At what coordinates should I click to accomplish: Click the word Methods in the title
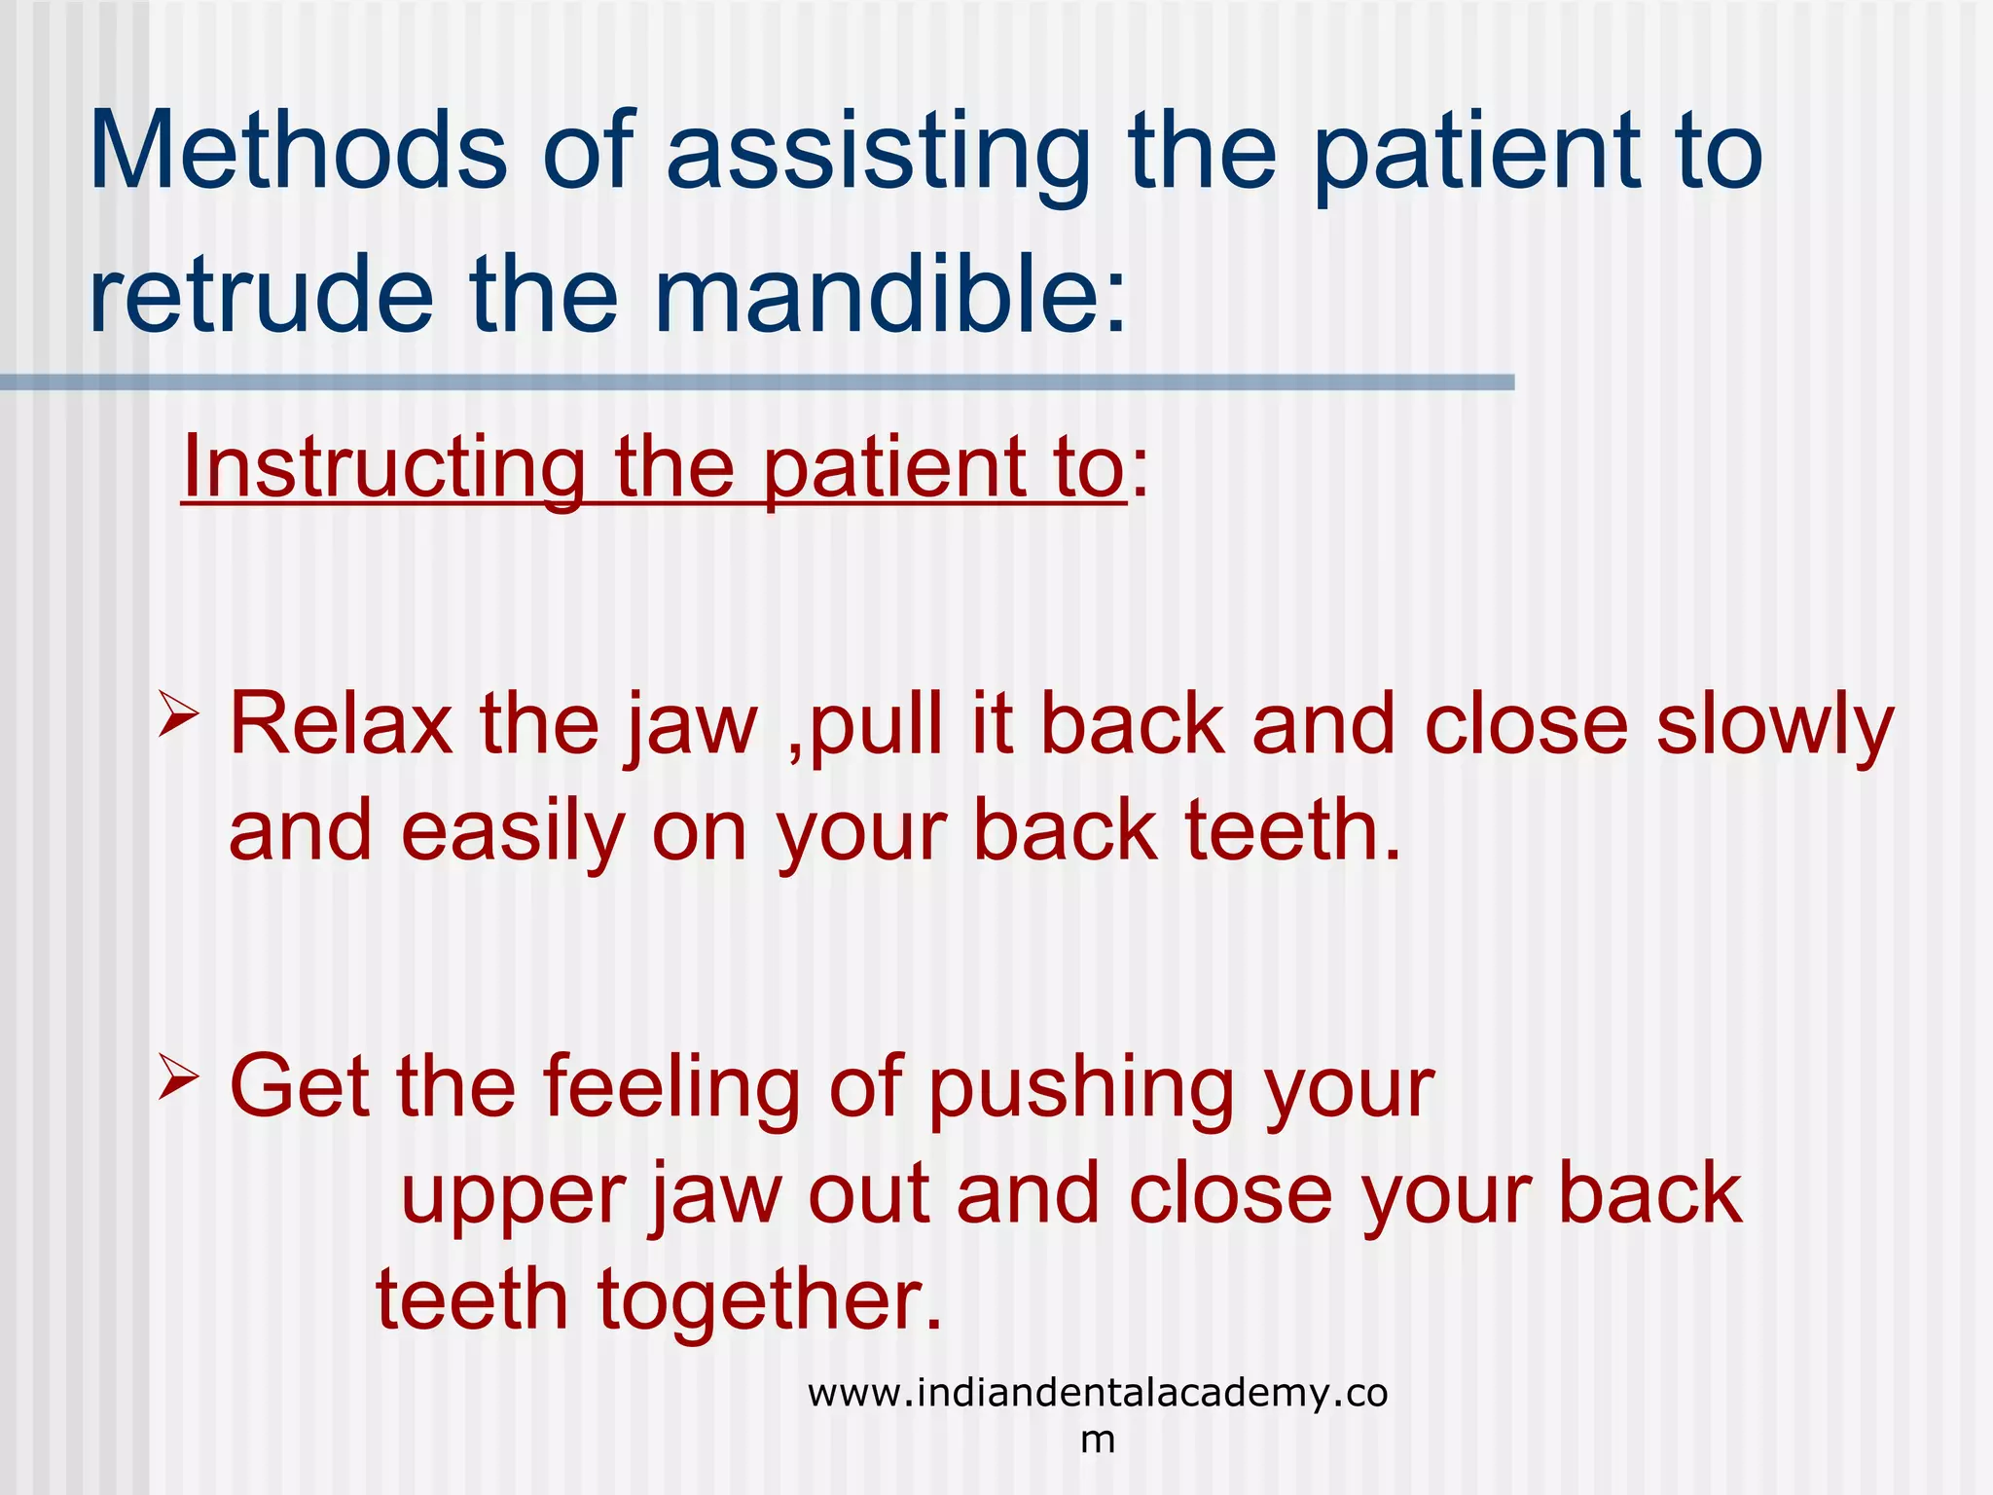(298, 151)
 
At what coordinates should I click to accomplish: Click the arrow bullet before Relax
(178, 716)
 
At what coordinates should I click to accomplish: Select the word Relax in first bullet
(342, 724)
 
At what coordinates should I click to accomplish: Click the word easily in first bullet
(512, 831)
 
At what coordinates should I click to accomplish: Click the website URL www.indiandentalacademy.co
(1097, 1393)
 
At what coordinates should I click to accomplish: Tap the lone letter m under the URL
(1098, 1440)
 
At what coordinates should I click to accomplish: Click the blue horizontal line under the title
(757, 383)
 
